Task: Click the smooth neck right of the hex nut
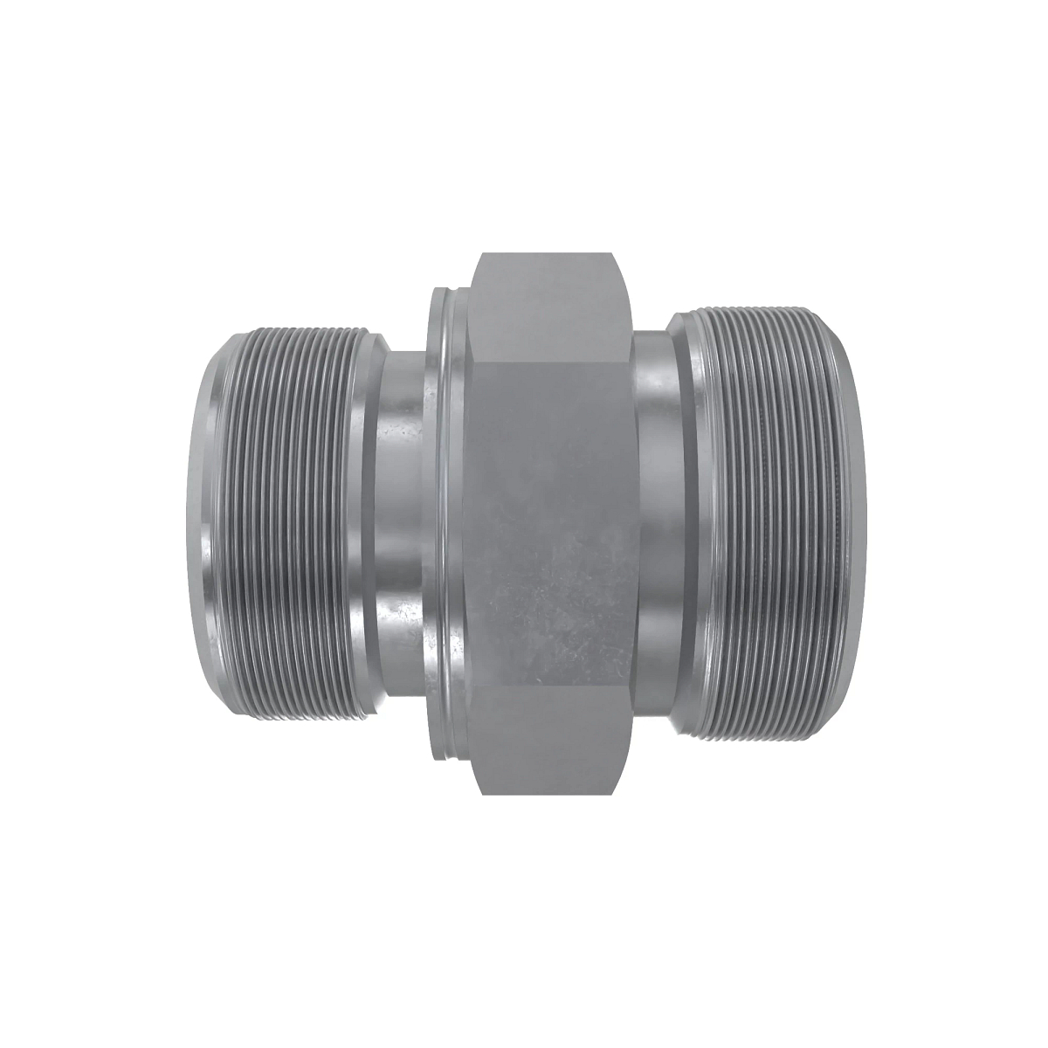click(655, 524)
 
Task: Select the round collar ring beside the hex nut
click(447, 524)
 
